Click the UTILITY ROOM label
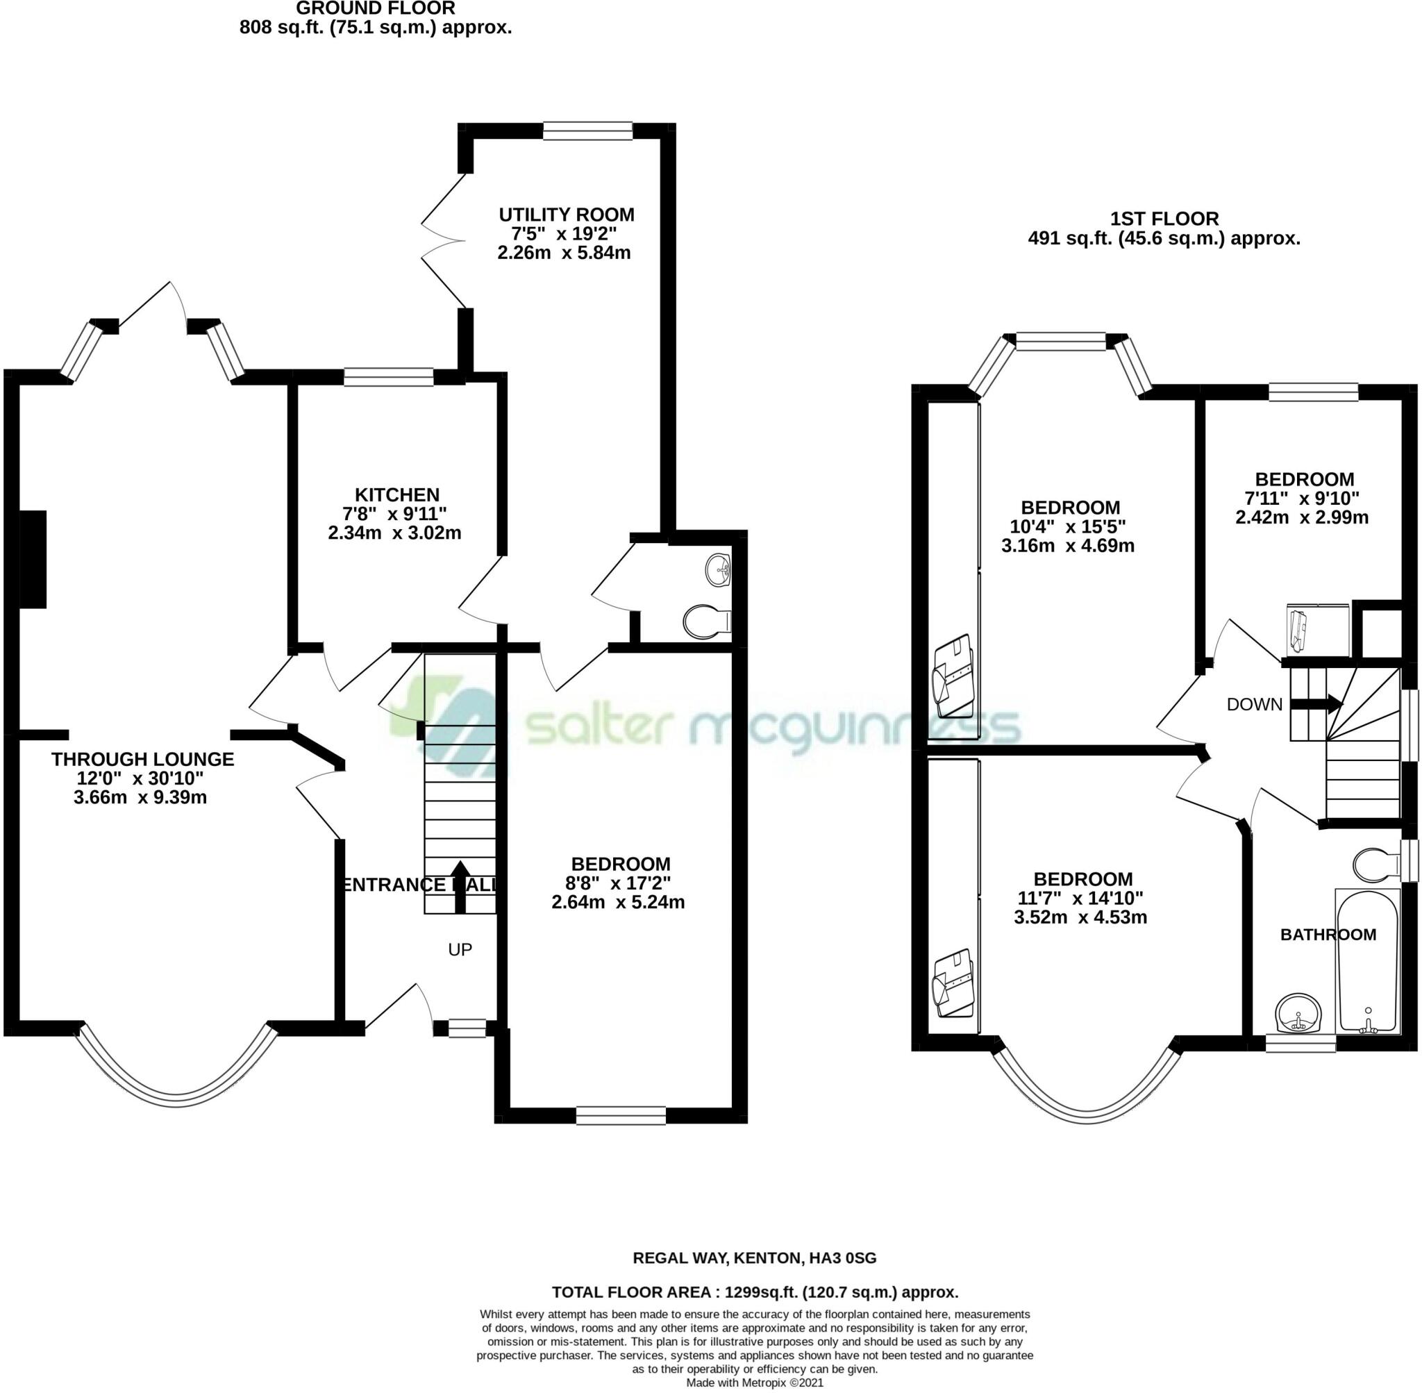click(566, 215)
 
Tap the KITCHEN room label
click(397, 495)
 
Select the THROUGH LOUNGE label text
click(142, 760)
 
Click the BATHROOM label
click(1328, 934)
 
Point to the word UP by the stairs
click(460, 950)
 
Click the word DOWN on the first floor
click(1255, 705)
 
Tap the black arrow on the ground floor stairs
click(460, 887)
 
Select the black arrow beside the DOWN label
click(1316, 705)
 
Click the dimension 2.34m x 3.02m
click(394, 533)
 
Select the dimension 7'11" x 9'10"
click(1302, 498)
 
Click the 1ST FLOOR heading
click(1164, 219)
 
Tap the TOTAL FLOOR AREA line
click(754, 1292)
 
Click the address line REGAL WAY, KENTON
click(754, 1258)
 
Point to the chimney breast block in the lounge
click(32, 560)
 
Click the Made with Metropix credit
click(754, 1383)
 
